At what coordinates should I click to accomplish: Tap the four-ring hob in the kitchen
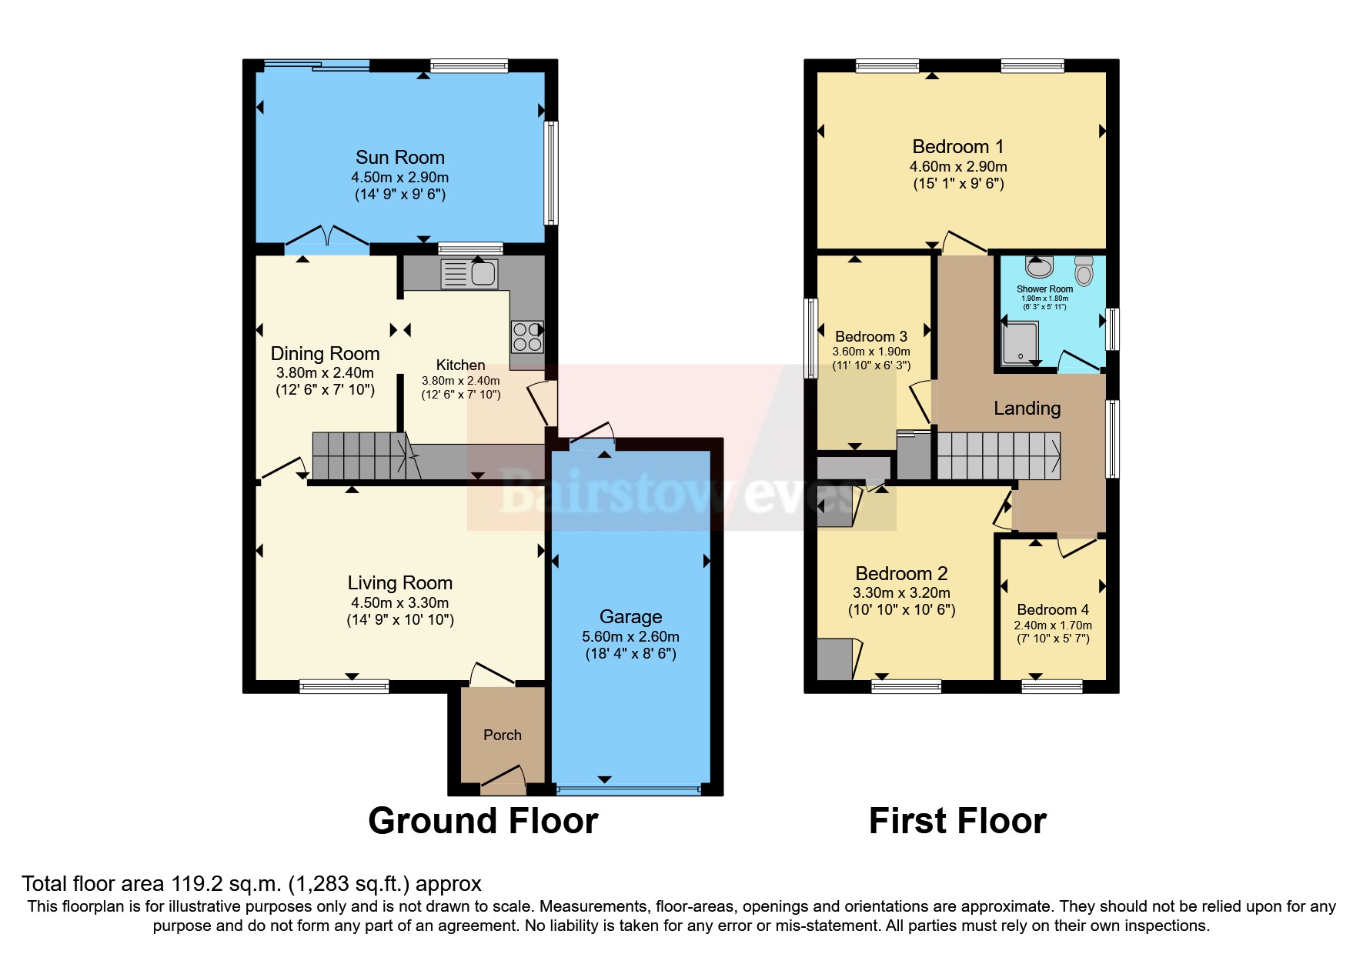(527, 336)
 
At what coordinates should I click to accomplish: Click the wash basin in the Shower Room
(1039, 268)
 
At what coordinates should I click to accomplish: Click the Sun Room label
(399, 157)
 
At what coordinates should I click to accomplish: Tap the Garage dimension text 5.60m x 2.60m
(630, 636)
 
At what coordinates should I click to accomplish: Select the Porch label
(502, 735)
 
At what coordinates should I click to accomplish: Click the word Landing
(1027, 408)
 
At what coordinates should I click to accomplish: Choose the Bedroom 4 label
(1052, 609)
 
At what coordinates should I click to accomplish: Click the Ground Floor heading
(483, 821)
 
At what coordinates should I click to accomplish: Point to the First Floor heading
(957, 821)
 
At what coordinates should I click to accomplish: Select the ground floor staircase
(360, 455)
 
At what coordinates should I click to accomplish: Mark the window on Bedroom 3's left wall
(810, 339)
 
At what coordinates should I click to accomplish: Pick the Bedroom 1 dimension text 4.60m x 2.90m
(957, 166)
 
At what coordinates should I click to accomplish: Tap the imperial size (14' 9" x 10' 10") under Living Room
(399, 620)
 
